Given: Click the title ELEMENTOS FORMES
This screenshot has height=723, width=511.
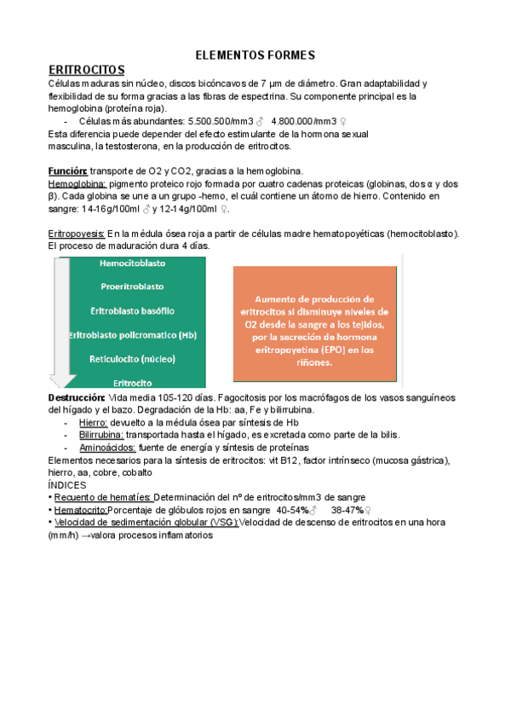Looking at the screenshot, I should point(255,55).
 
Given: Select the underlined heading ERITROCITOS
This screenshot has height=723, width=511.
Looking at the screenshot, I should point(87,69).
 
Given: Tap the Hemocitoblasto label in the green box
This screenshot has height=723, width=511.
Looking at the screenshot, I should point(132,263).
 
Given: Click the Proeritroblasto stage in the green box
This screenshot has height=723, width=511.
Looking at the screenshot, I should point(132,286).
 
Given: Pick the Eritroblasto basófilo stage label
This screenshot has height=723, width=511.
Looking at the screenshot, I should point(132,310).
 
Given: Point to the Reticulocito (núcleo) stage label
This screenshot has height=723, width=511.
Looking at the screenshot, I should point(132,359).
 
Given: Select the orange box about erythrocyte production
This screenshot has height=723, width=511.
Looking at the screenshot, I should point(315,324).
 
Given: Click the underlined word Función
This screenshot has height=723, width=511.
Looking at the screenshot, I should point(68,171).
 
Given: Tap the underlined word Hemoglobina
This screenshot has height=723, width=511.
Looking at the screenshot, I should point(78,183).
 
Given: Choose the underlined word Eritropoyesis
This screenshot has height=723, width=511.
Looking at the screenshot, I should point(77,233).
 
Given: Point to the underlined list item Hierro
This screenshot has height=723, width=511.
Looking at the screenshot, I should point(93,422).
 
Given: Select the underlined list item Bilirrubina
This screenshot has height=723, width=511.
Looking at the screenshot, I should point(100,435).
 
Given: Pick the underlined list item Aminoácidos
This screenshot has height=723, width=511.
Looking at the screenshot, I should point(106,448).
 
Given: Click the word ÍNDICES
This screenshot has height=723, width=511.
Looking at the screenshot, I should point(68,484).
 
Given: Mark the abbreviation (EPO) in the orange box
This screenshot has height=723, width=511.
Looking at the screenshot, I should point(324,349).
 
